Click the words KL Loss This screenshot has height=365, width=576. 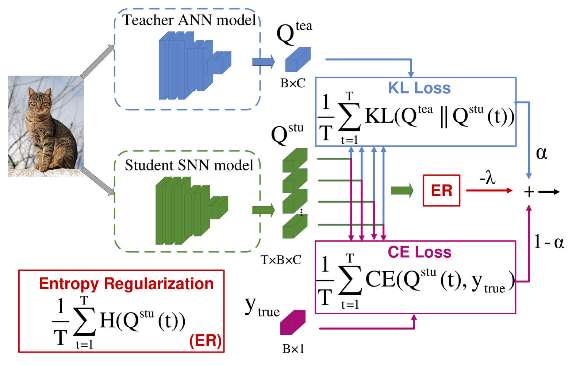[x=419, y=88]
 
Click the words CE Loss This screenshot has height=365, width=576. [x=419, y=252]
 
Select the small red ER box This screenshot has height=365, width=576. [x=441, y=191]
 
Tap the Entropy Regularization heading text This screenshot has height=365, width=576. [x=126, y=284]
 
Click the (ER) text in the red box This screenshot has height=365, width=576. [x=206, y=341]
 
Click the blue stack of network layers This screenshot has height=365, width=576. [x=190, y=66]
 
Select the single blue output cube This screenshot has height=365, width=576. [x=297, y=60]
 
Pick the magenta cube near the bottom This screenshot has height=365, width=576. [x=292, y=322]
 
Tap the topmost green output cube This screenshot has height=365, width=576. [x=295, y=160]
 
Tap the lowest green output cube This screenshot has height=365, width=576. [x=295, y=226]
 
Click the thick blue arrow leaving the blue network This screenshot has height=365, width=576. [x=263, y=61]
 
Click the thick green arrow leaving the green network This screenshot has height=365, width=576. [x=263, y=210]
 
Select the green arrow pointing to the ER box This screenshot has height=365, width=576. [x=402, y=190]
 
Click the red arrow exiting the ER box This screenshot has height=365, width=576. [x=489, y=190]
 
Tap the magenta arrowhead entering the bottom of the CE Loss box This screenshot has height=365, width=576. [x=414, y=317]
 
